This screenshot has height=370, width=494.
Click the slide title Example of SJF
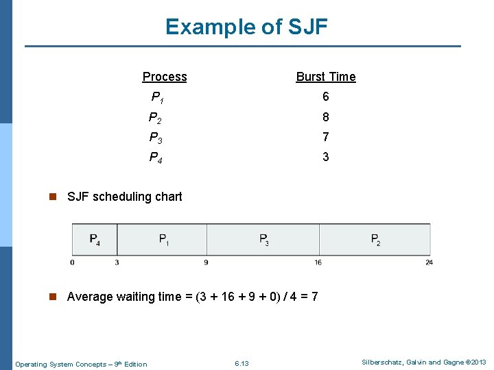246,27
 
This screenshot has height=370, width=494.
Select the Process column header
165,77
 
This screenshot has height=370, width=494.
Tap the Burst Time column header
326,77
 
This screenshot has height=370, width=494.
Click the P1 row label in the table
156,97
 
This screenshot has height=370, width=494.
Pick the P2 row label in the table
156,117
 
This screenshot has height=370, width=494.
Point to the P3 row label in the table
156,137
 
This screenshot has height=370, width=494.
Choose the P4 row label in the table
156,158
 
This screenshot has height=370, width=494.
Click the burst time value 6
326,97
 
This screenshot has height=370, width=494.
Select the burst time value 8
326,117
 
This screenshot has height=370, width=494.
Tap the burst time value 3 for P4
326,157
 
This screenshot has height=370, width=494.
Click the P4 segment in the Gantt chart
95,240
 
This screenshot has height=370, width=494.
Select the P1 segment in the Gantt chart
164,240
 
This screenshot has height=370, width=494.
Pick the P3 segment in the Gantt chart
263,240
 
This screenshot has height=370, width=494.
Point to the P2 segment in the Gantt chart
375,240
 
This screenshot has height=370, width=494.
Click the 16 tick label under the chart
318,262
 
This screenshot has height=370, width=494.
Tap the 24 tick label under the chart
429,262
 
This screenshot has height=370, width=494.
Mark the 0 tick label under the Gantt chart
72,262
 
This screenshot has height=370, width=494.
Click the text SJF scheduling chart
124,197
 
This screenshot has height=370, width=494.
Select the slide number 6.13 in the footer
242,363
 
